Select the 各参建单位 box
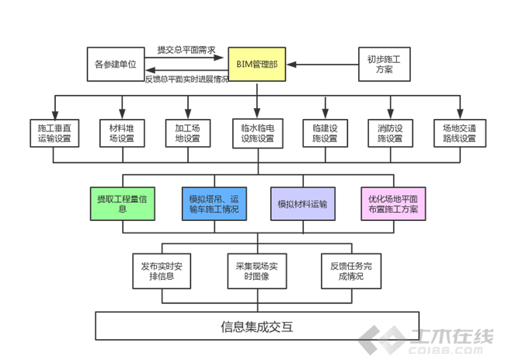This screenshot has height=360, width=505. [115, 63]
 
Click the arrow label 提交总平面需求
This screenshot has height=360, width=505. [186, 49]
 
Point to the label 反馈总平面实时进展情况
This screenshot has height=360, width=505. [186, 79]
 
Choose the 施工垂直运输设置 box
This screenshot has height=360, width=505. [54, 133]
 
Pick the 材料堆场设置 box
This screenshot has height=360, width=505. [120, 133]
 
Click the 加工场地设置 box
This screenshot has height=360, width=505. [187, 133]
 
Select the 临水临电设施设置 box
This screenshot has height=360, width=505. [256, 133]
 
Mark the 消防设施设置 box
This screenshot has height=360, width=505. [390, 133]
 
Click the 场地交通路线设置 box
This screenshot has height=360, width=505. [458, 133]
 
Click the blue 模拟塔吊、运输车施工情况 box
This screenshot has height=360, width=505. [214, 204]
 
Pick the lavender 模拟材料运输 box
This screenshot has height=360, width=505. [302, 204]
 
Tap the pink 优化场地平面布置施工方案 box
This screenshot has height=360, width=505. [392, 204]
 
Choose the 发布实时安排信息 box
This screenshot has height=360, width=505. [162, 271]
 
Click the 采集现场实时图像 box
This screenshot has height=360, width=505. [257, 271]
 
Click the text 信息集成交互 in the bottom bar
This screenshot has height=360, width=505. [257, 326]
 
